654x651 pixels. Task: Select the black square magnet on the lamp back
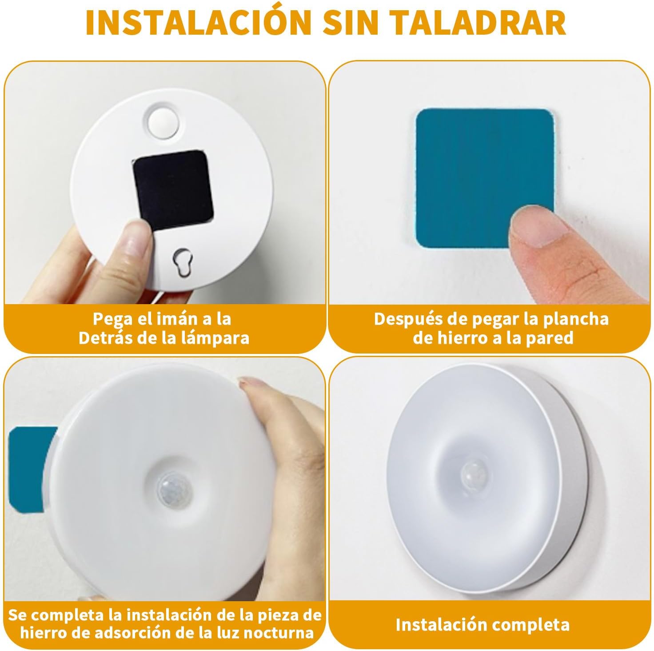coord(172,189)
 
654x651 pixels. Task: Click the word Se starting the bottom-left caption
coord(18,615)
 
